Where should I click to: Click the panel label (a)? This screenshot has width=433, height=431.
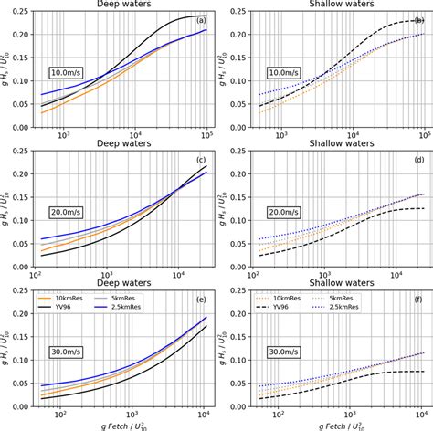(x=200, y=20)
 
